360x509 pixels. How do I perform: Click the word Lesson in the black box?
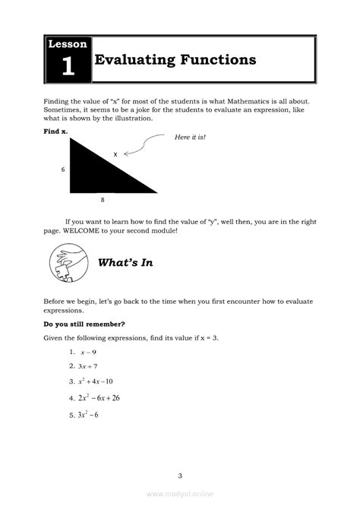click(68, 44)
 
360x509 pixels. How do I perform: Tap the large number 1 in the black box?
click(68, 67)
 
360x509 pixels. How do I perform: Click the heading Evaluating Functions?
click(175, 60)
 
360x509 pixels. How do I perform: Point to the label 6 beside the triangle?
click(63, 169)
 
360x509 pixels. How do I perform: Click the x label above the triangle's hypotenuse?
click(115, 154)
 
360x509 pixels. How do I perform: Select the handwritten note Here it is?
click(190, 137)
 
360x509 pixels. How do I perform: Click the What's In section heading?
click(126, 263)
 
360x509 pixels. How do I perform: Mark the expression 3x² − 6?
click(88, 414)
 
